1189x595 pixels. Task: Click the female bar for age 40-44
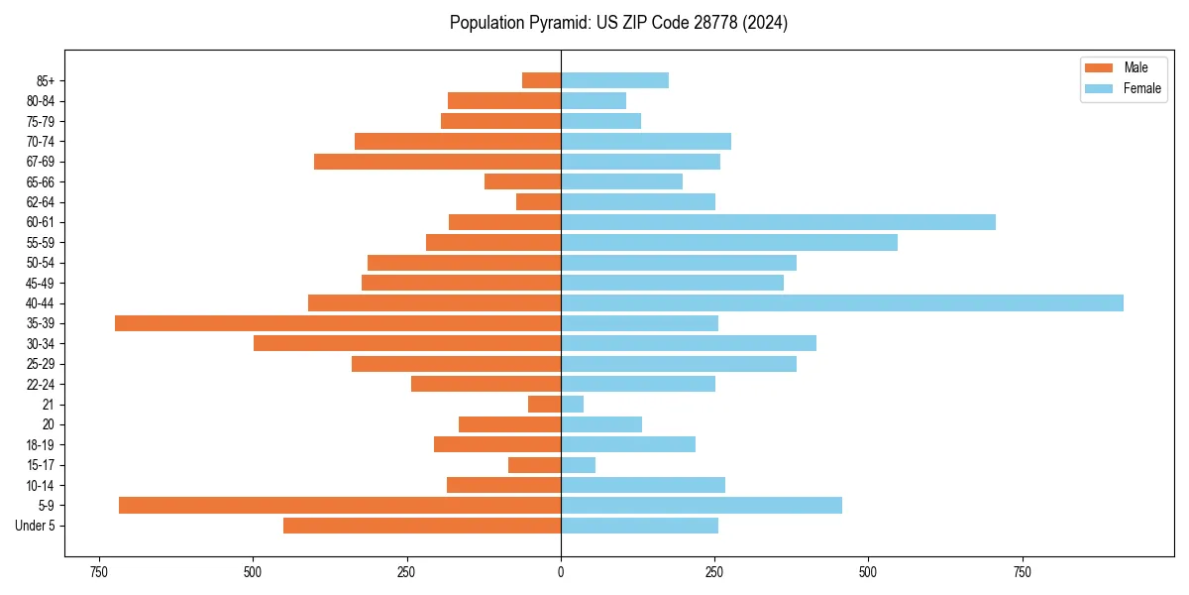(x=842, y=302)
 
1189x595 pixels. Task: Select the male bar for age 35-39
(x=338, y=323)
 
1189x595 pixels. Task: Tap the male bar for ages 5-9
(x=340, y=505)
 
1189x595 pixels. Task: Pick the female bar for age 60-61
(x=778, y=222)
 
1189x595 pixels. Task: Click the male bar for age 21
(x=545, y=404)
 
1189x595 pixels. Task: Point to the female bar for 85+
(x=614, y=80)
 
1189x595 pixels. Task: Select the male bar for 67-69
(x=437, y=162)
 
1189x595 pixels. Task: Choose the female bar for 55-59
(x=729, y=242)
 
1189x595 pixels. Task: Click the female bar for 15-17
(x=578, y=464)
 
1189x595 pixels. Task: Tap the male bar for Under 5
(x=422, y=526)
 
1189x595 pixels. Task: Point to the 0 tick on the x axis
(x=561, y=572)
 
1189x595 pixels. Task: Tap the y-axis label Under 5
(x=36, y=526)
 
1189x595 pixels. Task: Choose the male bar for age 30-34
(x=407, y=343)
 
